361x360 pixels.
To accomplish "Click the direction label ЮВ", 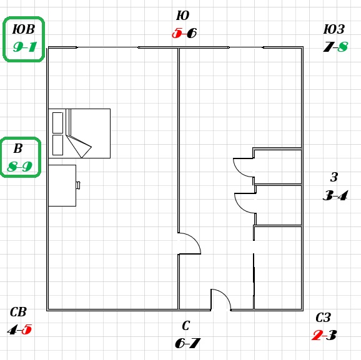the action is tap(24, 29).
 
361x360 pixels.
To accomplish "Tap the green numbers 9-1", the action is tap(25, 47).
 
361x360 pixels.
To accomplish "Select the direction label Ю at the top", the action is tap(183, 16).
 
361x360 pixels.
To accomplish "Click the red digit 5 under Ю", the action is tap(177, 33).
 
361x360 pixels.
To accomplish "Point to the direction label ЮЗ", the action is tap(334, 29).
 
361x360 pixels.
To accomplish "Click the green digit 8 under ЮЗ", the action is tap(343, 47).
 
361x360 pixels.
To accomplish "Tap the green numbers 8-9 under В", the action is tap(19, 167).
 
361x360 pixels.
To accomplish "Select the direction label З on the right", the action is tap(334, 177).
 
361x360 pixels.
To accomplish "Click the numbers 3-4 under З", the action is tap(335, 195).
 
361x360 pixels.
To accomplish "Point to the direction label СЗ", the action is tap(324, 318).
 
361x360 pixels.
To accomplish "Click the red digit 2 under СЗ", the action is tap(317, 335).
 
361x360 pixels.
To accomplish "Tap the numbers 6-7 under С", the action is tap(187, 343).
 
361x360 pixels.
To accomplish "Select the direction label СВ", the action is tap(18, 312).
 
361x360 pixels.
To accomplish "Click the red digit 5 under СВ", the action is tap(27, 329).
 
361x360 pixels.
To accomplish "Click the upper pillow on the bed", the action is tap(58, 123).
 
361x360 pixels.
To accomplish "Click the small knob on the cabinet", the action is tap(78, 185).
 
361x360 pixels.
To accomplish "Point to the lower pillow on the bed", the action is tap(58, 145).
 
